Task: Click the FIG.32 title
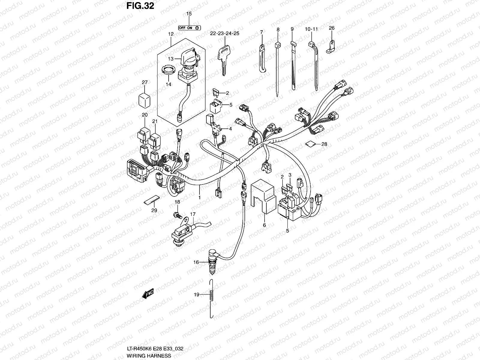140,6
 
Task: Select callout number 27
145,82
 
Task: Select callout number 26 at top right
331,28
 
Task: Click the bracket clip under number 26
331,47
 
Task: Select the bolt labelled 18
177,215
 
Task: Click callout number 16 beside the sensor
196,262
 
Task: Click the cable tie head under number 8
278,45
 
